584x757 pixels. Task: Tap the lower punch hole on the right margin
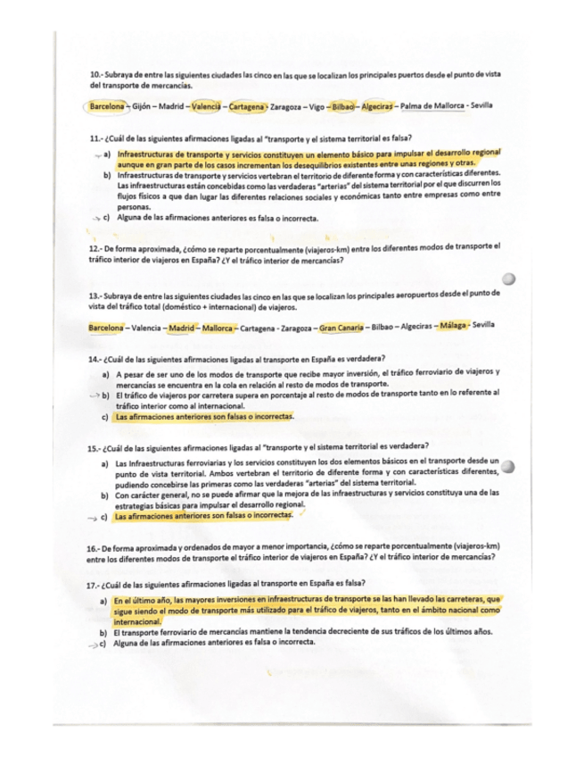tap(508, 465)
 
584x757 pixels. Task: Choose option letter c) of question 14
tap(106, 417)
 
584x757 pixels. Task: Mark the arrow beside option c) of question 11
tap(96, 219)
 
